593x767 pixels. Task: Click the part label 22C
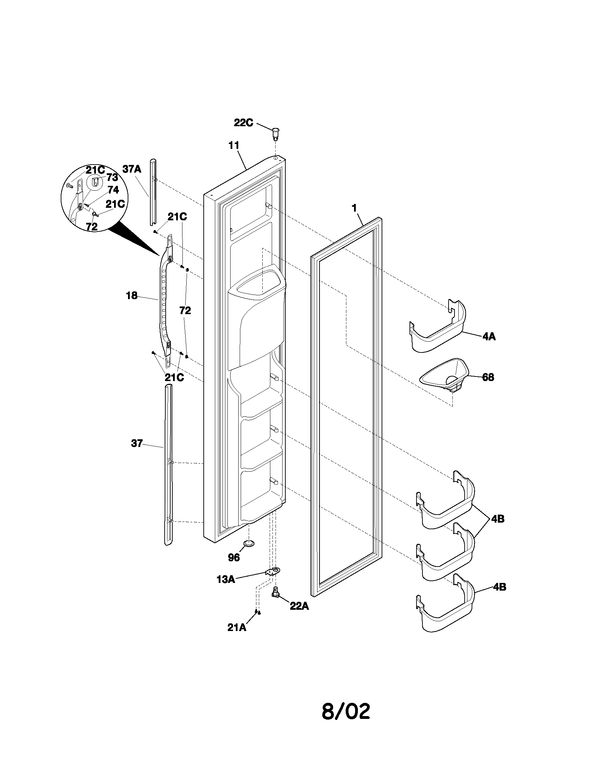point(243,123)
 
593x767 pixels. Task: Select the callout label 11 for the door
point(234,145)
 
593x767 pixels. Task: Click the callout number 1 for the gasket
point(354,208)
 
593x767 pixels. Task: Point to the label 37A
point(132,169)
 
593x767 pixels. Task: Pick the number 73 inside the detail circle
point(112,177)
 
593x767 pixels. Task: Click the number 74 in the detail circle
point(113,190)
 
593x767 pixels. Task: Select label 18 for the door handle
point(132,296)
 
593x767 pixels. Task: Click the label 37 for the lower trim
point(137,443)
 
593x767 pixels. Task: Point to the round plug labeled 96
point(249,544)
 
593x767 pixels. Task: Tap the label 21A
point(237,628)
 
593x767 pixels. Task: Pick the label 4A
point(489,336)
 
